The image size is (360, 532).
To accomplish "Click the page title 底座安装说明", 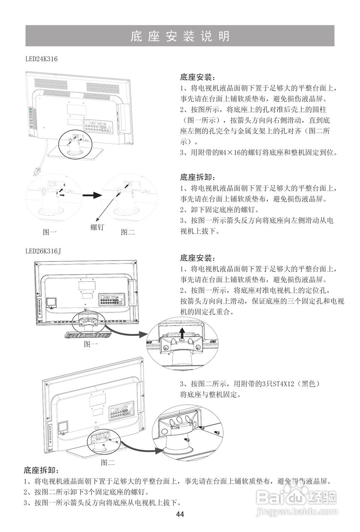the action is click(180, 36).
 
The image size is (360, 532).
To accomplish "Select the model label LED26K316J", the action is click(43, 251).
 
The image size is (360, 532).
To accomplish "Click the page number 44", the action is click(180, 514).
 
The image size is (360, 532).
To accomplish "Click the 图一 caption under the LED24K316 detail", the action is click(49, 232).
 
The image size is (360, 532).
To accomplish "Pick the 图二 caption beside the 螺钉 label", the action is click(128, 232).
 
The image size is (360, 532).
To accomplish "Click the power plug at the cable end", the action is click(37, 171).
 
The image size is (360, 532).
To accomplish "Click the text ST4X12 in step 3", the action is click(279, 383).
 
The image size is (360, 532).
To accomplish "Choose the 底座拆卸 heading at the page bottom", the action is click(41, 470).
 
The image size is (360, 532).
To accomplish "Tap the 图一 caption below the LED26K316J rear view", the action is click(91, 344).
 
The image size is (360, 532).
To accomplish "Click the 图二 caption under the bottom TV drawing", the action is click(108, 462).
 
